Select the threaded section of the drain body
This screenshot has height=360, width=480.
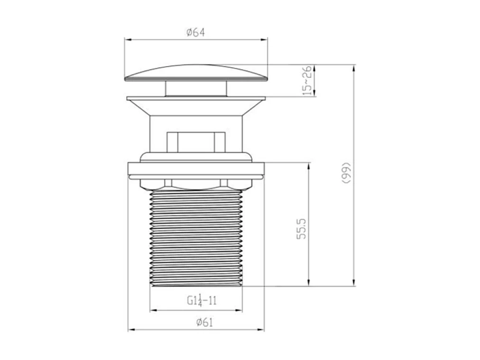pos(196,237)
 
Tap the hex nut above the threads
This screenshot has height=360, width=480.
pos(196,183)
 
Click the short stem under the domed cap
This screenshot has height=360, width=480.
pos(195,89)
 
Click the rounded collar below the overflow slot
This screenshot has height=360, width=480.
pos(196,157)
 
